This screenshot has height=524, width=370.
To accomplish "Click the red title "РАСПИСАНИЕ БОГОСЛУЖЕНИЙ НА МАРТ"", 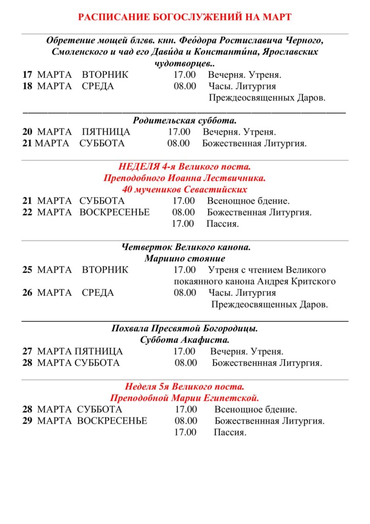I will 184,17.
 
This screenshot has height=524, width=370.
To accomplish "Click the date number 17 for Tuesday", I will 27,75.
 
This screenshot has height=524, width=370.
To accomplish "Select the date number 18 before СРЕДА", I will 27,86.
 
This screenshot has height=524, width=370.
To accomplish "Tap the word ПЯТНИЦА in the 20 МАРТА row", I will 106,132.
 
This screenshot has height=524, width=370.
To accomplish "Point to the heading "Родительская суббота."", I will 184,121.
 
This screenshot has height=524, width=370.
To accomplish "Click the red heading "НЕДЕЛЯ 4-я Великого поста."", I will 184,167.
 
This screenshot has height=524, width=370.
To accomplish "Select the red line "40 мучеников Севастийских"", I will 184,189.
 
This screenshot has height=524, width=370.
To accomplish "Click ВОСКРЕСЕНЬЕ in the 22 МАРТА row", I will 114,212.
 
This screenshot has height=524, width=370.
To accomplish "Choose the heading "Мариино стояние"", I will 184,258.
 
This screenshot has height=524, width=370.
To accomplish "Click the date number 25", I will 27,270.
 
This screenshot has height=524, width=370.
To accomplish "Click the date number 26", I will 27,293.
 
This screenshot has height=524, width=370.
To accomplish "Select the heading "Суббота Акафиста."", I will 184,339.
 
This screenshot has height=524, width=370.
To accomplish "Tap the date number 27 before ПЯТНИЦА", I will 27,351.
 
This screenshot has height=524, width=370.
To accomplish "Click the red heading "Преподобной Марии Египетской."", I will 184,398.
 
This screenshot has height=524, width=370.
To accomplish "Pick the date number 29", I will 27,421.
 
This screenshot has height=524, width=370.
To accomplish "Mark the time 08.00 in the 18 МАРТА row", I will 184,86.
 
